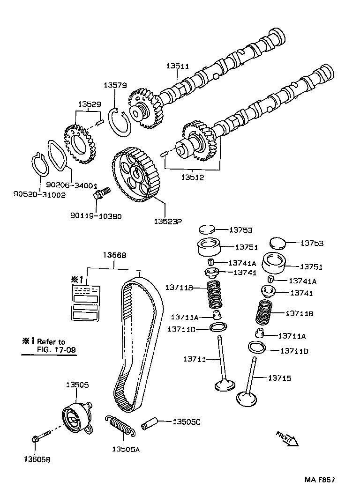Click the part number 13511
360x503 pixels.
[x=177, y=67]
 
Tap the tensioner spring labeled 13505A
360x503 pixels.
[x=122, y=426]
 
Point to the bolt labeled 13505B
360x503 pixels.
[x=41, y=438]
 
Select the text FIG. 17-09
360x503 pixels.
[x=56, y=349]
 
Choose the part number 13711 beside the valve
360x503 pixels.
[x=194, y=359]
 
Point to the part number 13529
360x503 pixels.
[x=89, y=104]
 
